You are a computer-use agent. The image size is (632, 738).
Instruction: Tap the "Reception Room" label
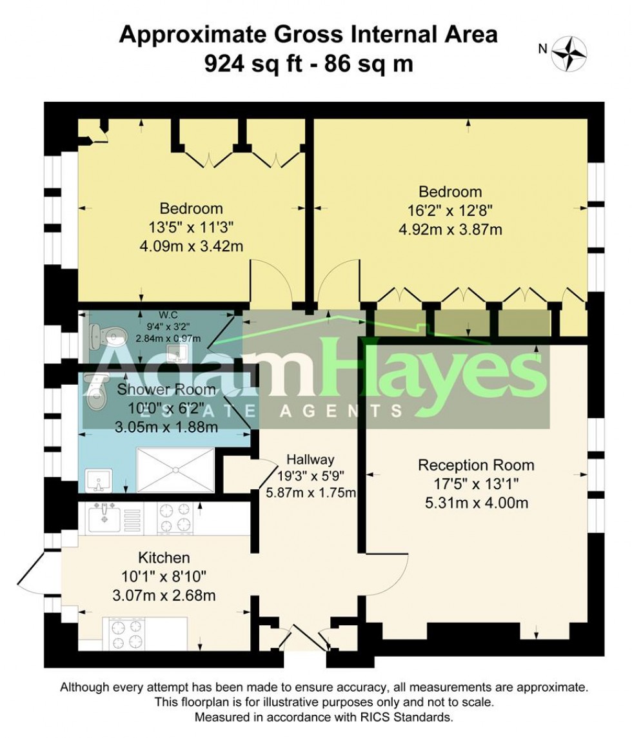click(476, 465)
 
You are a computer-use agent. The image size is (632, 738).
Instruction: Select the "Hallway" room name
click(311, 460)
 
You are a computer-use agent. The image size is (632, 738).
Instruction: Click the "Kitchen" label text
click(164, 558)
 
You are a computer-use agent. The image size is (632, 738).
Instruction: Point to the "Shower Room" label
click(166, 389)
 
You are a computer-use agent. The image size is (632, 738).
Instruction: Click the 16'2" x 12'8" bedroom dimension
click(450, 209)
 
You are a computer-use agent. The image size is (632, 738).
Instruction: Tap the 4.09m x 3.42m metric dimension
click(191, 246)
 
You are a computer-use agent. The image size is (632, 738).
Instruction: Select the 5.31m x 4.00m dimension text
click(476, 502)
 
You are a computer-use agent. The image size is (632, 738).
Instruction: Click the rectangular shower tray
click(175, 470)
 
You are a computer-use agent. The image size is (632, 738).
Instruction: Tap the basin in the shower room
click(99, 480)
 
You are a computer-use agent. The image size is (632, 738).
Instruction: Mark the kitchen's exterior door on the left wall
click(37, 574)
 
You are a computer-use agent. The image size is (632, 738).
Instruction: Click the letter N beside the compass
click(542, 48)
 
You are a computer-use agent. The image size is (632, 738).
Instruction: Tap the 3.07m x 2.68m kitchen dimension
click(164, 595)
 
